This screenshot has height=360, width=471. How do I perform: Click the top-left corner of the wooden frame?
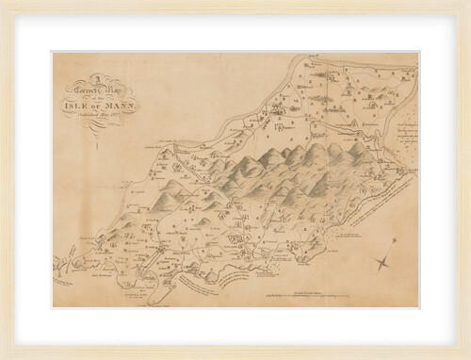click(x=3, y=3)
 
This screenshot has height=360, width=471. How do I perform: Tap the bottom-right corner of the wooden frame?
click(x=467, y=356)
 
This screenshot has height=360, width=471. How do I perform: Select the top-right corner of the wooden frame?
click(x=467, y=3)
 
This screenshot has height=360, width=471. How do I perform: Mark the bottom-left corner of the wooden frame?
click(x=3, y=356)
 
